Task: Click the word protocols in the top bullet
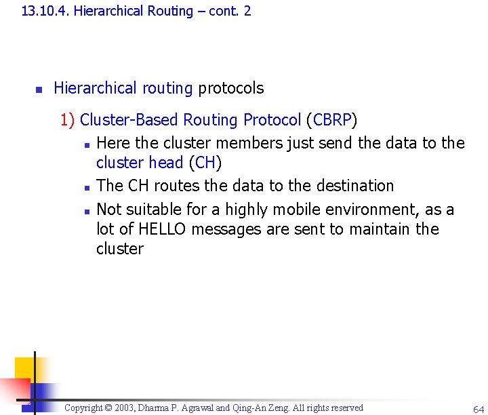click(230, 88)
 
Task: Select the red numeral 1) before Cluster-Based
click(67, 120)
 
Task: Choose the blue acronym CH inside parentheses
click(205, 163)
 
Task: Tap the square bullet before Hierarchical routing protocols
click(39, 89)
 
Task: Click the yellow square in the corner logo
click(24, 368)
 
